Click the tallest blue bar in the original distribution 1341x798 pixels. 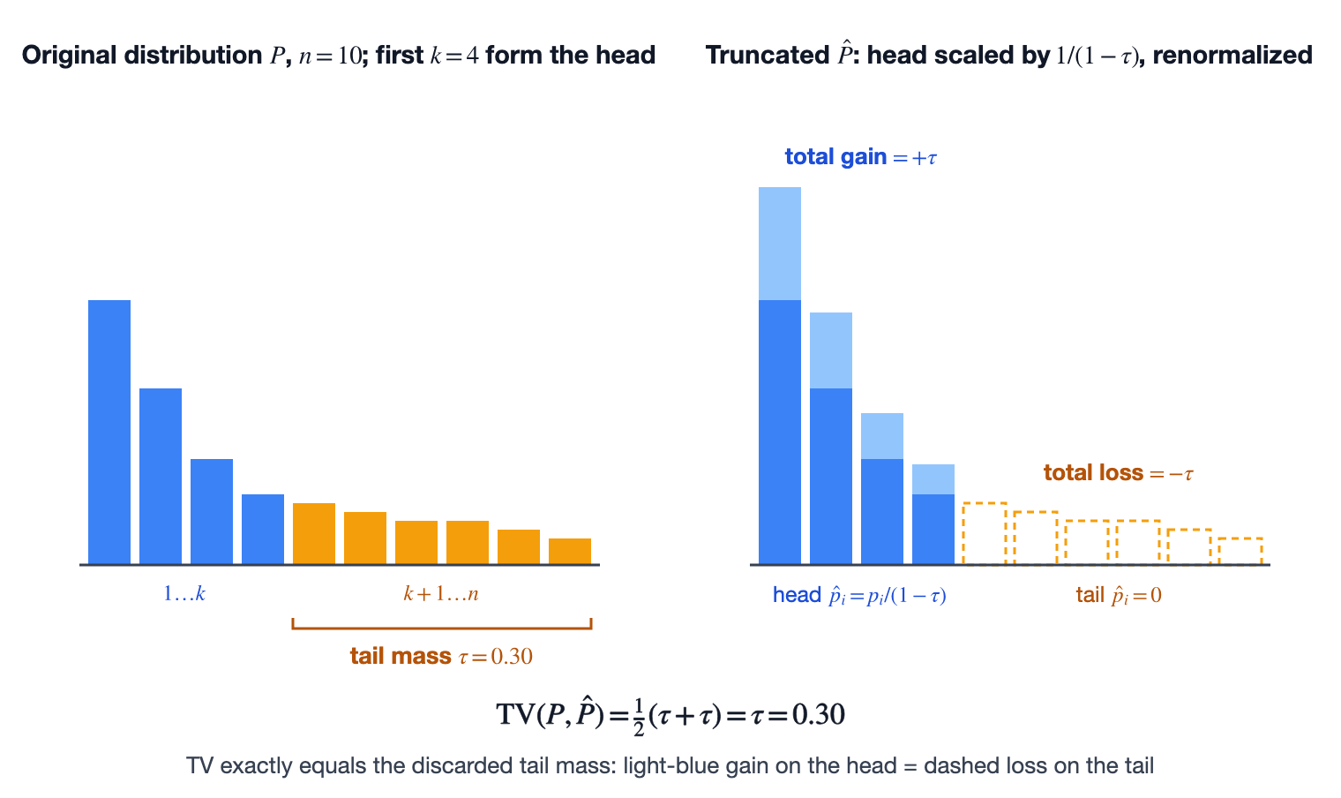(x=109, y=432)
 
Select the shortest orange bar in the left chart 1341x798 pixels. (x=570, y=551)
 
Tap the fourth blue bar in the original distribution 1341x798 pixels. (x=263, y=529)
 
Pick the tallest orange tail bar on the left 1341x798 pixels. (x=314, y=533)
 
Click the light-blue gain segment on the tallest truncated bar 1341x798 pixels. (x=780, y=244)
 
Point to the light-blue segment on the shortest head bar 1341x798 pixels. (x=933, y=479)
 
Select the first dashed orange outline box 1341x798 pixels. (x=985, y=533)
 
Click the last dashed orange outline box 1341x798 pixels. (x=1240, y=551)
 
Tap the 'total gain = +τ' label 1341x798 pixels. (x=861, y=157)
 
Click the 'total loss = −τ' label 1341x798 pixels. (x=1119, y=472)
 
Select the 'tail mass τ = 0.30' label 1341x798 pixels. (x=441, y=656)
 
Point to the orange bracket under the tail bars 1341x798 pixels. (x=442, y=628)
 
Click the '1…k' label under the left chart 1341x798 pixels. (x=184, y=594)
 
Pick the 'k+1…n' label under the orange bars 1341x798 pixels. (x=441, y=594)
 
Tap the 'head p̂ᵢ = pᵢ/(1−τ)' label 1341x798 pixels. (x=859, y=596)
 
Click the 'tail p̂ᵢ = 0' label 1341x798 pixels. (x=1119, y=596)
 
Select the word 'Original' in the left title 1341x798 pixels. (x=70, y=56)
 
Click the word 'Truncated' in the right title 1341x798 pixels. (x=768, y=55)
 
